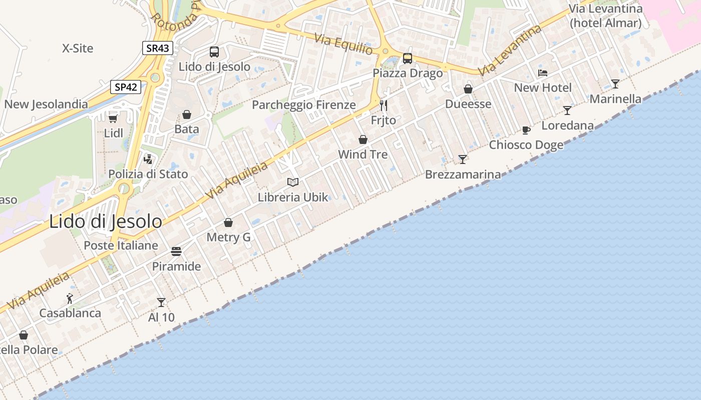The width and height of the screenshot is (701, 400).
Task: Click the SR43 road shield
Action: coord(157,48)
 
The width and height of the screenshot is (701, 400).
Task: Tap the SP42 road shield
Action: coord(126,87)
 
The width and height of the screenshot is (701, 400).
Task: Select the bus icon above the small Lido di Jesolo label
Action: coord(214,52)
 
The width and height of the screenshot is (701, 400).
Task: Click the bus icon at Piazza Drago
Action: coord(408,58)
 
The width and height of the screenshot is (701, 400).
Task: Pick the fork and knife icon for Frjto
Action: coord(384,105)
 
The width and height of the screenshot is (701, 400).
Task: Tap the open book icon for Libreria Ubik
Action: coord(293,182)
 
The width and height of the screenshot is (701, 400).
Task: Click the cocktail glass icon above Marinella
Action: coord(615,84)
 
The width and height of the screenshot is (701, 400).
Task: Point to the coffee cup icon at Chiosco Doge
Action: coord(526,130)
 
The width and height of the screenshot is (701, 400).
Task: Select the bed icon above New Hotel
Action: coord(543,73)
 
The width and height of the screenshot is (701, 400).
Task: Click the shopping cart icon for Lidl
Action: coord(113,118)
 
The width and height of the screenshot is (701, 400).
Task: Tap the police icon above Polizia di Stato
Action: coord(148,159)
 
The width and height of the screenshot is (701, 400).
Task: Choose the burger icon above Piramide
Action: coord(176,251)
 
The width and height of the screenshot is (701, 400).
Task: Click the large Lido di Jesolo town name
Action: coord(106,221)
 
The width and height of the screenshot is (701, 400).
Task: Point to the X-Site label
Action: coord(78,48)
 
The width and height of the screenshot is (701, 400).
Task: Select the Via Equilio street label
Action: coord(343,44)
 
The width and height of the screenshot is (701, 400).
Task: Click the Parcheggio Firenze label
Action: coord(304,105)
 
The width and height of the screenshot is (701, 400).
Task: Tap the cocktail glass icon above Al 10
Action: coord(161,302)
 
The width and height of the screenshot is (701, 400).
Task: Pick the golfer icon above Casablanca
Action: coord(70,298)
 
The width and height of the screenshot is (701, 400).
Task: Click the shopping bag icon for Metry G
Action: coord(228,222)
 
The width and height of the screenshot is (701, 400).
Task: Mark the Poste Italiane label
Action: coord(121,245)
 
